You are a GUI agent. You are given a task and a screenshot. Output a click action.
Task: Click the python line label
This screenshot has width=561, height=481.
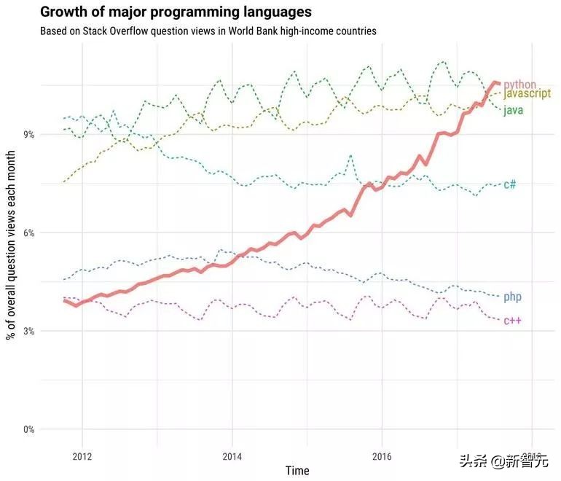[519, 85]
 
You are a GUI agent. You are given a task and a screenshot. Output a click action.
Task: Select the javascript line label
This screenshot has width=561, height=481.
[527, 95]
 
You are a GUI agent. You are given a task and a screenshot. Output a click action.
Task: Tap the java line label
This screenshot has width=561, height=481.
[513, 109]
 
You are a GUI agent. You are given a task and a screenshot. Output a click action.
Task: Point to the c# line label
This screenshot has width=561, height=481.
[510, 184]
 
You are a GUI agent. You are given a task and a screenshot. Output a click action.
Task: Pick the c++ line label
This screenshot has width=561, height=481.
[512, 321]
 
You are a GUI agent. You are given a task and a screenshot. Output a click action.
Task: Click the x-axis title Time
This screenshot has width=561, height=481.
[297, 471]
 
